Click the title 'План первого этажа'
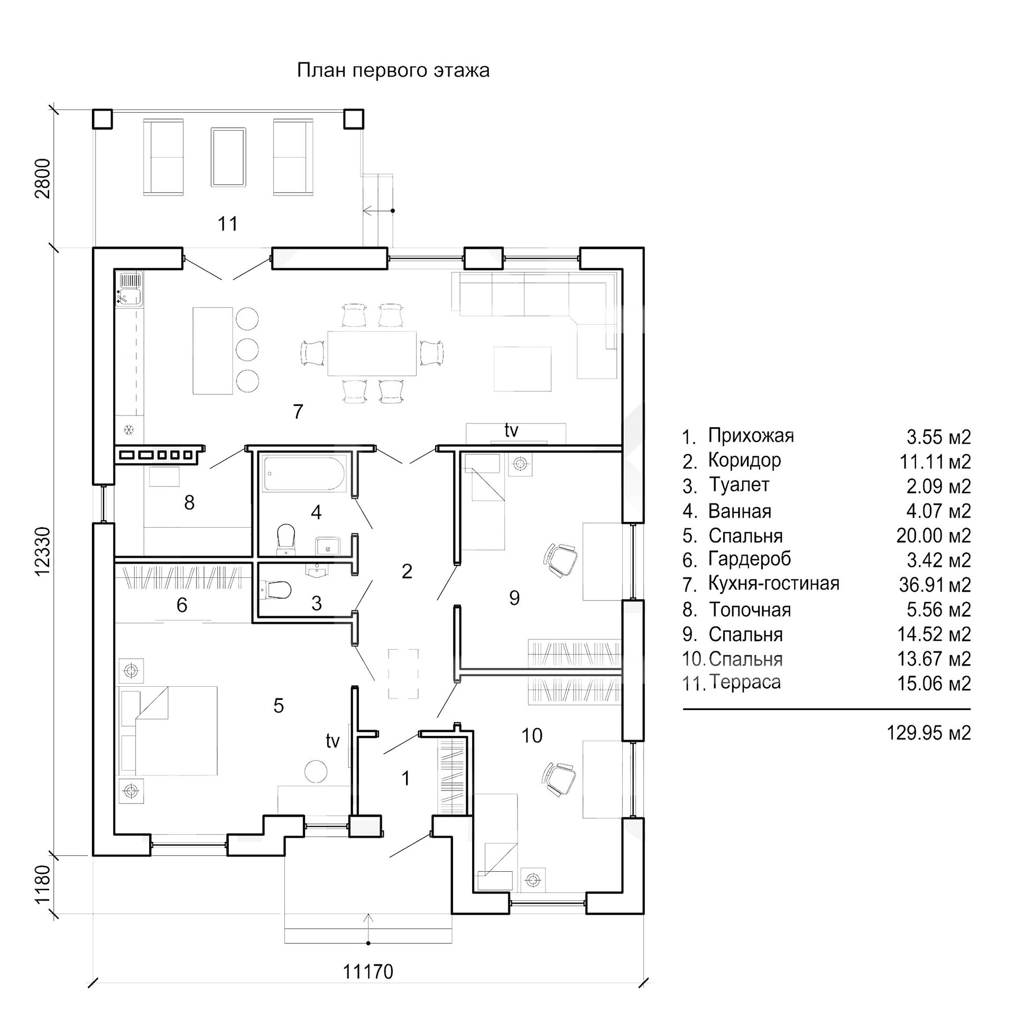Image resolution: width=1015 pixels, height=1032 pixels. point(393,70)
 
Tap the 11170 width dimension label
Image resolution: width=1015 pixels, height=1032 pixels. point(368,971)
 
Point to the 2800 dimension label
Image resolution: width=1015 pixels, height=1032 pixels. point(43,178)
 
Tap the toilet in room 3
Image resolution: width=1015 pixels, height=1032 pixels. point(277,590)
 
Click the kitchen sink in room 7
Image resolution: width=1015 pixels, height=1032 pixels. point(130,289)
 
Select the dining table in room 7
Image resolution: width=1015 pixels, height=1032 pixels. point(372,353)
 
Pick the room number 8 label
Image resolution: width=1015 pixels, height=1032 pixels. point(189,502)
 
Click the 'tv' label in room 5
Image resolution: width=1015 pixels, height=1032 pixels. point(333,740)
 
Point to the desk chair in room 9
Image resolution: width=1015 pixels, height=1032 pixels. point(561,560)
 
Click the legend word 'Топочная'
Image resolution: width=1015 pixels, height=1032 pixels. point(750,609)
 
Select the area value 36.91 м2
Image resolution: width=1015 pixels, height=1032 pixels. point(935,585)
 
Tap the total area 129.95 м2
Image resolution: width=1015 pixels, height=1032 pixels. point(929,733)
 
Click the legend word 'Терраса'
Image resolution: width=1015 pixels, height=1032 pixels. point(745,683)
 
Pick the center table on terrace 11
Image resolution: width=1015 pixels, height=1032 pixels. point(228,156)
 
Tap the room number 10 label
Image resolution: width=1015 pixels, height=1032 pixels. point(531,735)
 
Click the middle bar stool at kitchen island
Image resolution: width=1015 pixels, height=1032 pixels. point(247,349)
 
